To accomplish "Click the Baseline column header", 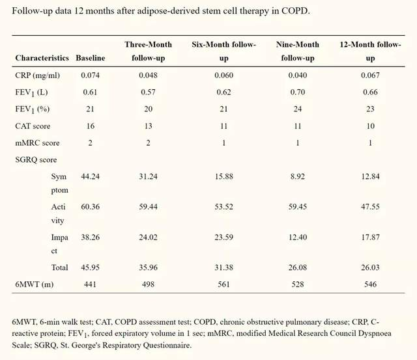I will pos(90,58).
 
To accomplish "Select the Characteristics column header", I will pos(42,58).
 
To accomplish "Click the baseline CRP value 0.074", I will pos(90,75).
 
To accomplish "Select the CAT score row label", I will pos(33,126).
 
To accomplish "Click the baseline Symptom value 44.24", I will pos(90,176).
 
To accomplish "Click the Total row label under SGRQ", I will pos(59,267).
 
